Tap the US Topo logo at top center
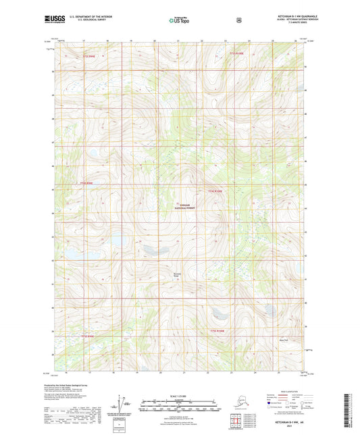pyautogui.click(x=179, y=21)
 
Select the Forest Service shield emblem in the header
pyautogui.click(x=238, y=20)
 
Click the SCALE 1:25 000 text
pyautogui.click(x=179, y=395)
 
